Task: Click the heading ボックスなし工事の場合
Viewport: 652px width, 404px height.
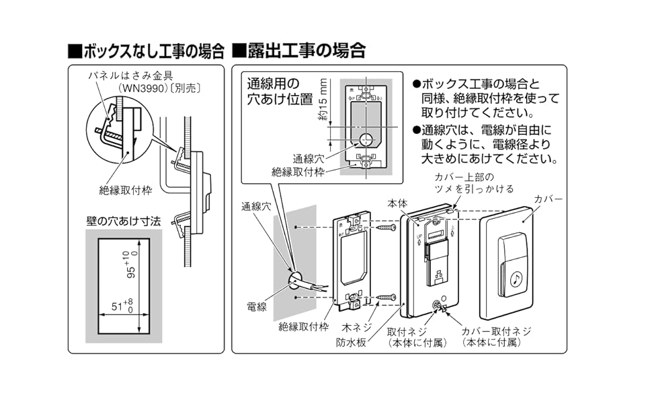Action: (x=146, y=50)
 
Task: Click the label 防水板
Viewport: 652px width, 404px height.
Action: (x=350, y=342)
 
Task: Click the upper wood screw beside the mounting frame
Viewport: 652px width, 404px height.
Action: (x=386, y=229)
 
